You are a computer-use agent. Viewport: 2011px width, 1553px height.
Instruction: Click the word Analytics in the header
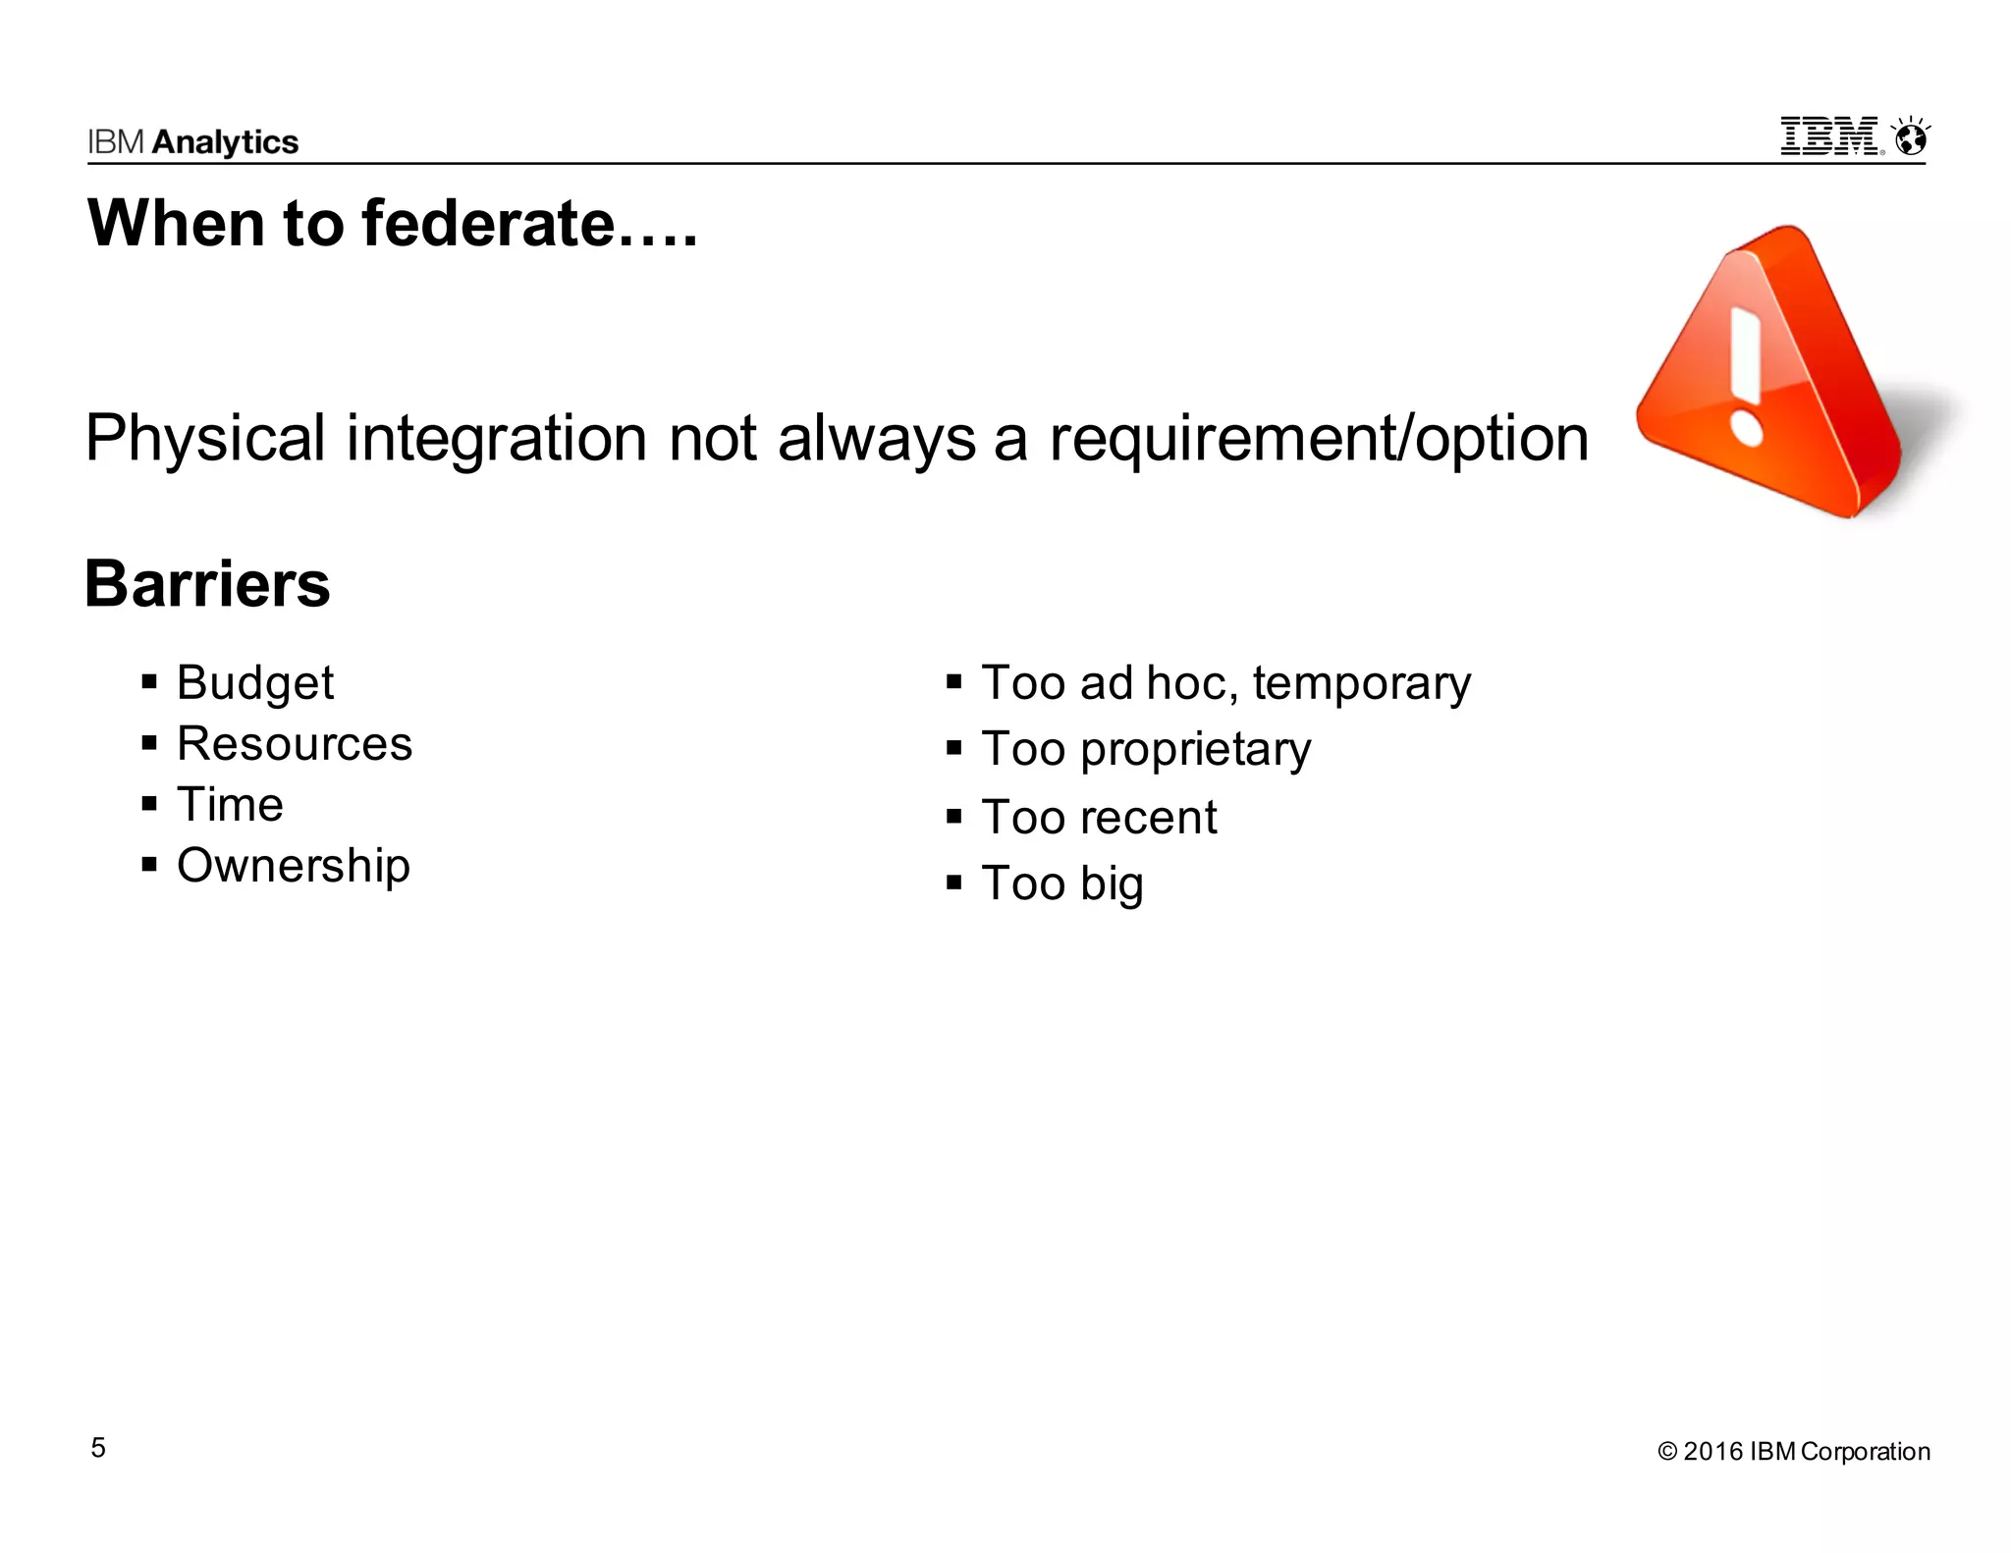(x=225, y=142)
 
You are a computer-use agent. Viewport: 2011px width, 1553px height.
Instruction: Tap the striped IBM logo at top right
(x=1830, y=136)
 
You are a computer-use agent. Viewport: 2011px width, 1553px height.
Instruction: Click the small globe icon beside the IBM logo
(x=1911, y=138)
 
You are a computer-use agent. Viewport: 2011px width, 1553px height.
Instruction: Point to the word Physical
(x=205, y=438)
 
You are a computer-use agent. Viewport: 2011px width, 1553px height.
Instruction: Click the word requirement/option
(x=1319, y=438)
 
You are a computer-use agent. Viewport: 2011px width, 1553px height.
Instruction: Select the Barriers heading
(x=207, y=584)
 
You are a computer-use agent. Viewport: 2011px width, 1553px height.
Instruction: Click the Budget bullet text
(x=255, y=682)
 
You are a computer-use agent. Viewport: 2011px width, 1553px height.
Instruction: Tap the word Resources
(x=295, y=743)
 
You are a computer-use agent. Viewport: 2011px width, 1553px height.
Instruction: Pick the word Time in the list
(x=230, y=804)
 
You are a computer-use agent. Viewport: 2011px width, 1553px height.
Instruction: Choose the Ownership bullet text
(x=294, y=866)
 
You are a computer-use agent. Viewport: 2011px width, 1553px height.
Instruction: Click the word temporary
(x=1361, y=683)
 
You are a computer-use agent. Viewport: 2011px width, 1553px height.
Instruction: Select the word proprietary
(x=1195, y=750)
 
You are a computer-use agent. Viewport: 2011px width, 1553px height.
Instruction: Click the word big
(x=1112, y=884)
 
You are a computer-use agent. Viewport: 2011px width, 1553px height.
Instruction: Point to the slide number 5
(x=98, y=1448)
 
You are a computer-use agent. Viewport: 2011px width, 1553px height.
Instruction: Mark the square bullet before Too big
(x=953, y=882)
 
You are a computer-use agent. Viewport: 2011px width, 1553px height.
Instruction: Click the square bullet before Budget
(x=149, y=681)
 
